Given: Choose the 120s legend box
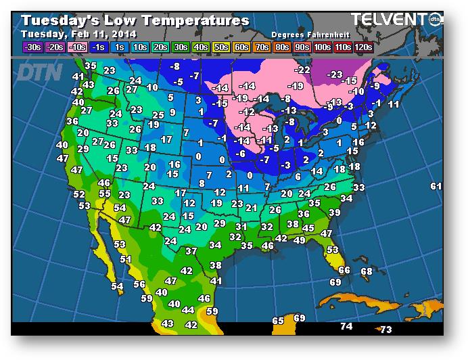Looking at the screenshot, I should click(x=363, y=47).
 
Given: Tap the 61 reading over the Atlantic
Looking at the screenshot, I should click(x=436, y=186).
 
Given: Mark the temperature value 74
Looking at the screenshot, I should click(x=346, y=327).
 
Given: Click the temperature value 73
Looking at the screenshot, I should click(x=385, y=330).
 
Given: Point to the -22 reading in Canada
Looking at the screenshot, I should click(x=302, y=70).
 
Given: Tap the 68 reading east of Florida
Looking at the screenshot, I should click(x=367, y=271).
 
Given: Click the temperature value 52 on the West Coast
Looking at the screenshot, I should click(x=79, y=194).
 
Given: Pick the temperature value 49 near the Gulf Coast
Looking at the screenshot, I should click(x=299, y=240).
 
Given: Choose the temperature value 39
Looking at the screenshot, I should click(x=334, y=212).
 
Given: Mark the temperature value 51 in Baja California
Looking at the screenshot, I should click(x=125, y=259).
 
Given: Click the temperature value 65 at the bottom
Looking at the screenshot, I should click(x=278, y=321).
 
